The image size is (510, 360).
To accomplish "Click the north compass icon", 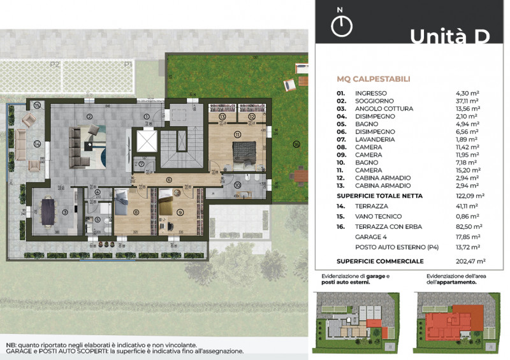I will tap(342, 24).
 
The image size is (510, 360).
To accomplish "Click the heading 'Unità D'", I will tap(449, 36).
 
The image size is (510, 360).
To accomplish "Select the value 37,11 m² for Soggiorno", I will tap(467, 101).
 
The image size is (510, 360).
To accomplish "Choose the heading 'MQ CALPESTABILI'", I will tap(374, 80).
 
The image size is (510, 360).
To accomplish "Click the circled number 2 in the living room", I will tap(90, 116).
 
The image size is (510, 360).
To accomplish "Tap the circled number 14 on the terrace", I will tap(37, 144).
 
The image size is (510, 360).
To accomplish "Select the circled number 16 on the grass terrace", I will tap(296, 144).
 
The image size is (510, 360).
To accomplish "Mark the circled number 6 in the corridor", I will tap(169, 179).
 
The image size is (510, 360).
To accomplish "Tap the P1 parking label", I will tap(128, 64).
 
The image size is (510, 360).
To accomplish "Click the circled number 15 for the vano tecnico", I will tap(37, 105).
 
